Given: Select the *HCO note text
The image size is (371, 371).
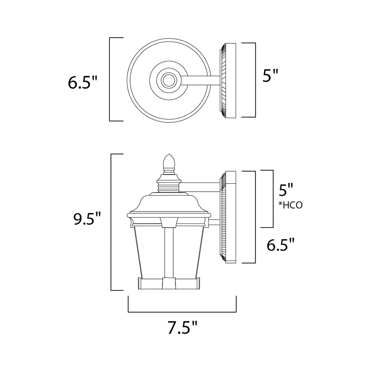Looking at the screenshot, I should coord(290,205).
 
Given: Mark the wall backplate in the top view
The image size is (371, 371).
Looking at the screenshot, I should coord(228,80).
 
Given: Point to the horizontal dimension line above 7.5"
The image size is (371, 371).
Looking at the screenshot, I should coord(182,312).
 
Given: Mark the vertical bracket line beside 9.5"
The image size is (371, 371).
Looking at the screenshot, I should coord(111,222).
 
